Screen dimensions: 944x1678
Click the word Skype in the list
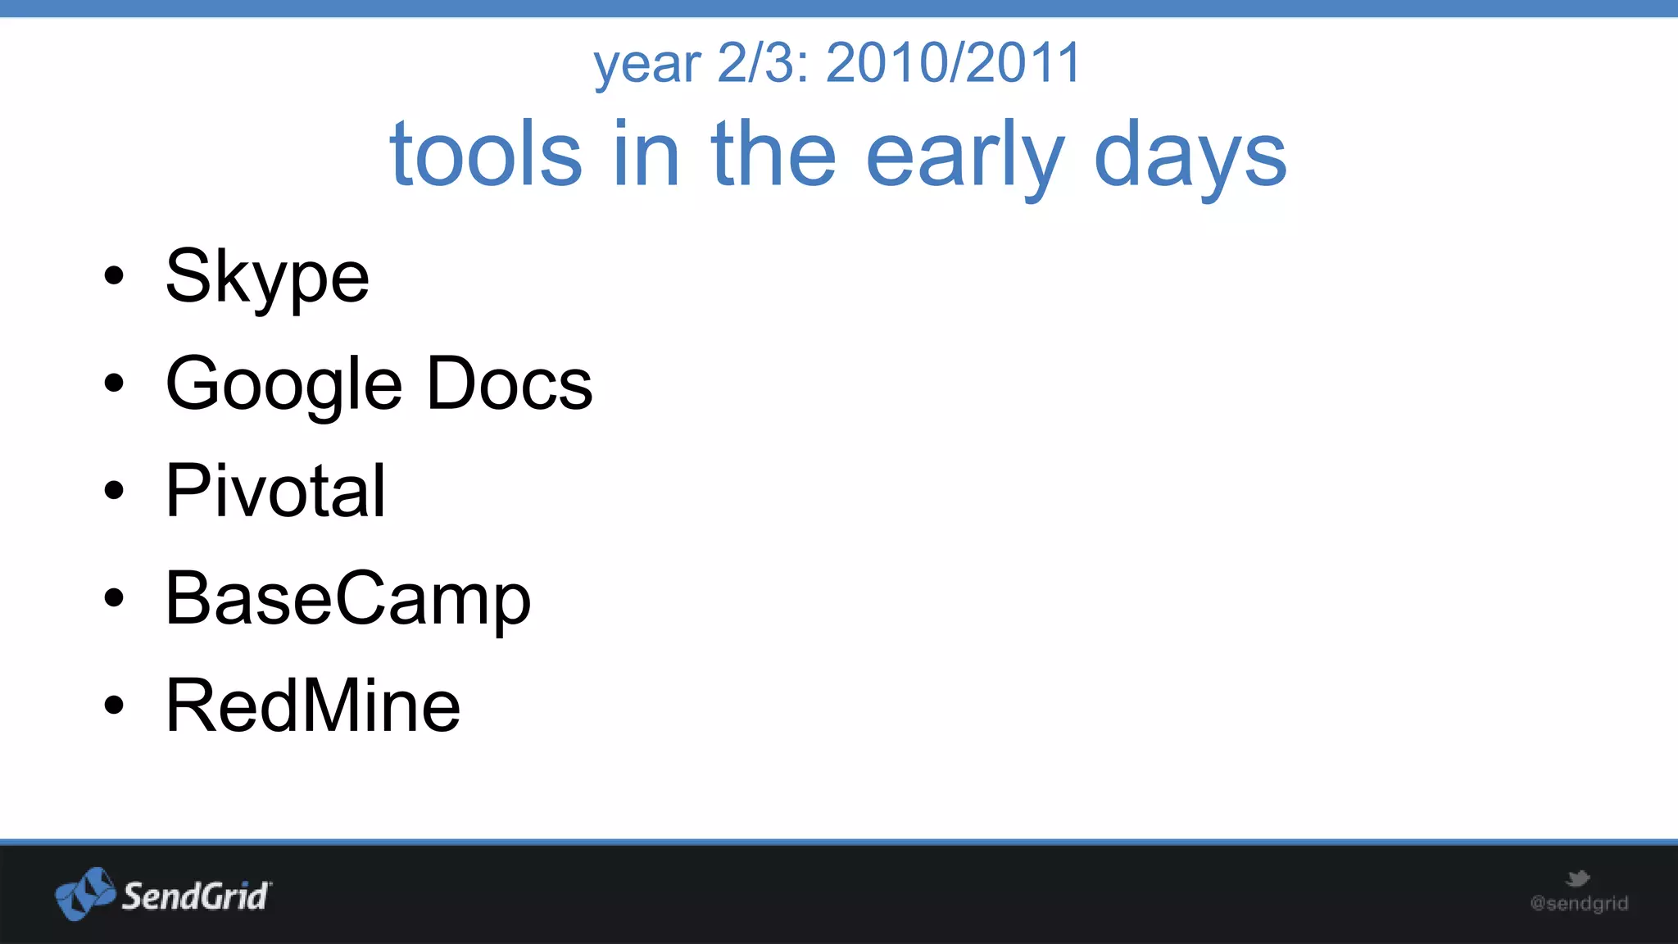point(267,277)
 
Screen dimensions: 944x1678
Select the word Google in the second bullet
point(283,384)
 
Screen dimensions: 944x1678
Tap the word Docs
point(510,383)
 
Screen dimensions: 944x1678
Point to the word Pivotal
point(275,491)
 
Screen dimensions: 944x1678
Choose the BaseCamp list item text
point(348,599)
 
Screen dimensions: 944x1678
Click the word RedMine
point(313,706)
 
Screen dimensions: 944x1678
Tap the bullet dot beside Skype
point(114,276)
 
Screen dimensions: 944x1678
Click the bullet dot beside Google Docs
point(114,383)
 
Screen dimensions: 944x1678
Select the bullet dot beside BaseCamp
point(114,597)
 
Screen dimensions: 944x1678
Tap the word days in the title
point(1190,156)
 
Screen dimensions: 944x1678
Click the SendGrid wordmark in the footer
point(195,896)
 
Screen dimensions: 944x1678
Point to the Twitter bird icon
point(1578,878)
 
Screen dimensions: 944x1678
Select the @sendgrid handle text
point(1579,904)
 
